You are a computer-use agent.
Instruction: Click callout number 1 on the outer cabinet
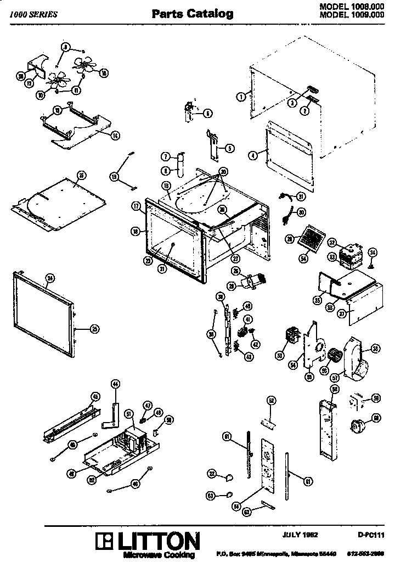(x=240, y=97)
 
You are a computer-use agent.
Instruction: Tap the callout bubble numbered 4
(x=252, y=155)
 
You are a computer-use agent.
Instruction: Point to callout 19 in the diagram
(x=114, y=176)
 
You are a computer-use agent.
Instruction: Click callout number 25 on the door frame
(x=94, y=329)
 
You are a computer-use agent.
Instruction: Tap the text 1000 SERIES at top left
(x=33, y=15)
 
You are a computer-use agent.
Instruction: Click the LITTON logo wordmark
(x=151, y=541)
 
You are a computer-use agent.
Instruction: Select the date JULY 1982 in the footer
(x=301, y=533)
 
